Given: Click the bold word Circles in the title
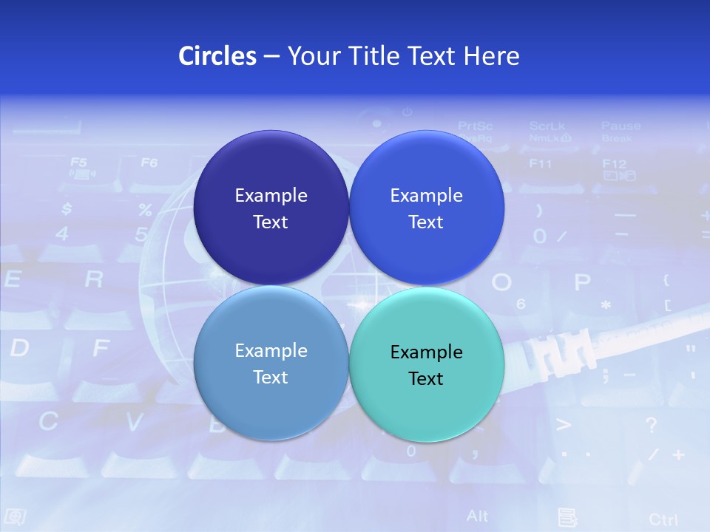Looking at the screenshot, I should coord(217,56).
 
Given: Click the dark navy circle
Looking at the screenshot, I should coord(271,208).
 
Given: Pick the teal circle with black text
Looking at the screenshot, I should coord(426,364).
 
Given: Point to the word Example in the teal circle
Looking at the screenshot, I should coord(426,352).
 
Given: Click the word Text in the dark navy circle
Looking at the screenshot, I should coord(271,222).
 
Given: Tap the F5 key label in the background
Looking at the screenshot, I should coord(78,162).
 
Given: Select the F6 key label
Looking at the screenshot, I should coord(149,162).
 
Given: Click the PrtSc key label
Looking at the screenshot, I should coord(475,126).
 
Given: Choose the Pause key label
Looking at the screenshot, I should coord(621,126).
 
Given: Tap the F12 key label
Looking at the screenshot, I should coord(614,163).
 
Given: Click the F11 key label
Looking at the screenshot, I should coord(540,163).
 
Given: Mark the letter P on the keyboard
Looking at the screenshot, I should coord(583,282).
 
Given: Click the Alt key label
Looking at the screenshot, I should coord(478,515).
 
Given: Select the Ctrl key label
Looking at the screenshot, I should coord(663,519).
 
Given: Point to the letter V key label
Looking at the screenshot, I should coord(134,422).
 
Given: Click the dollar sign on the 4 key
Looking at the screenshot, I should coord(67,209).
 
